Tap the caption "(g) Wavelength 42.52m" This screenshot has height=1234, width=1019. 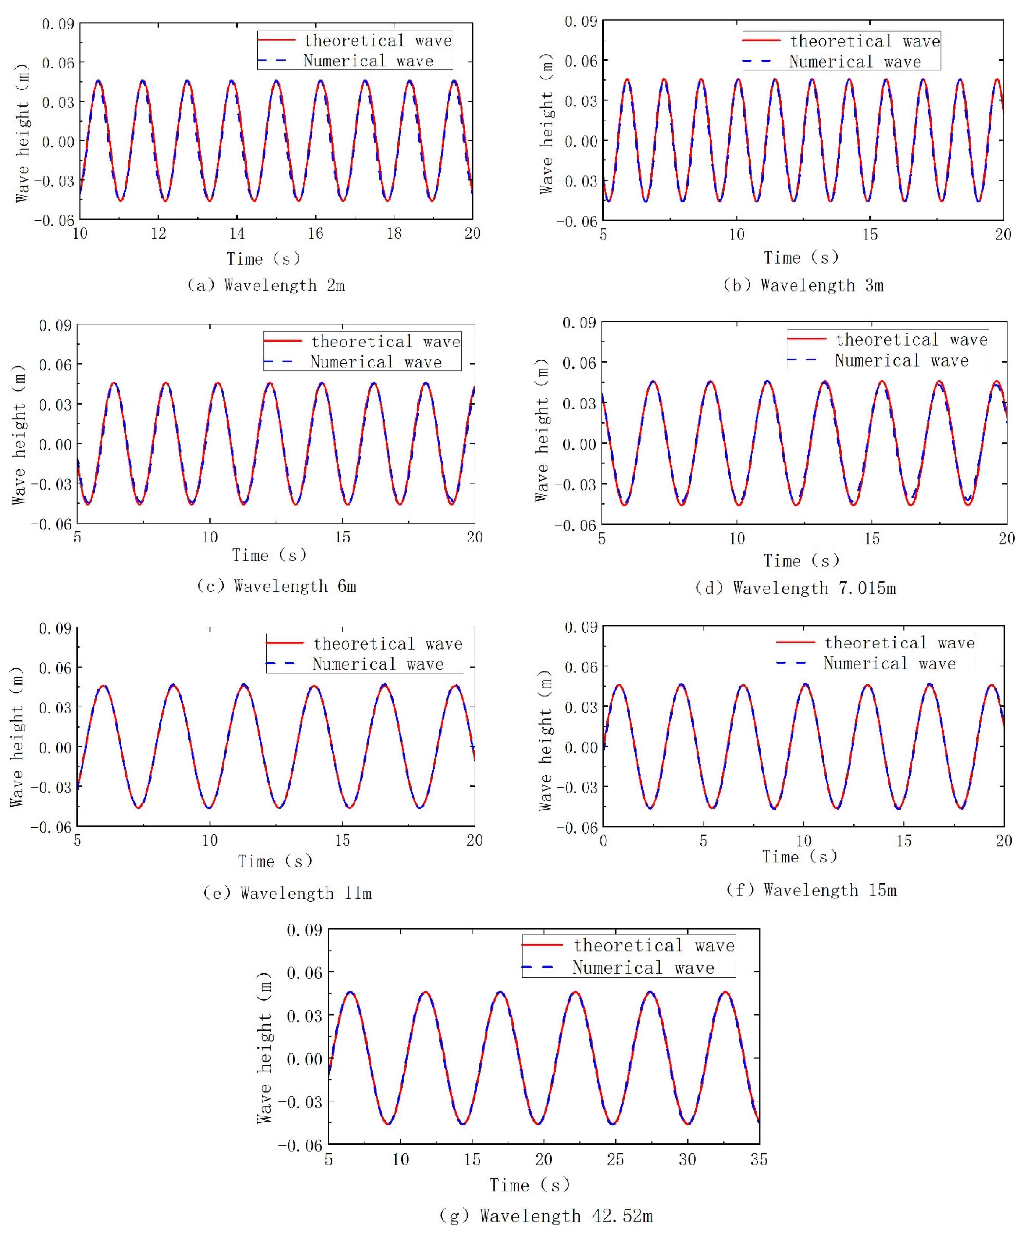[x=546, y=1215]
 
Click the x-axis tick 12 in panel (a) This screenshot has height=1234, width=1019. [x=159, y=234]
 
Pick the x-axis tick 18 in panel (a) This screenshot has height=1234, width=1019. [x=394, y=234]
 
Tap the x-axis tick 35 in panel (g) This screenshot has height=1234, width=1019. [x=759, y=1160]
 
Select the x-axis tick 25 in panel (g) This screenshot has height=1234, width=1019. [x=615, y=1160]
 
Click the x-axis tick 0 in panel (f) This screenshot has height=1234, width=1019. [x=603, y=841]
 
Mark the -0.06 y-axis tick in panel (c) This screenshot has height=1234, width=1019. [x=54, y=524]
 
